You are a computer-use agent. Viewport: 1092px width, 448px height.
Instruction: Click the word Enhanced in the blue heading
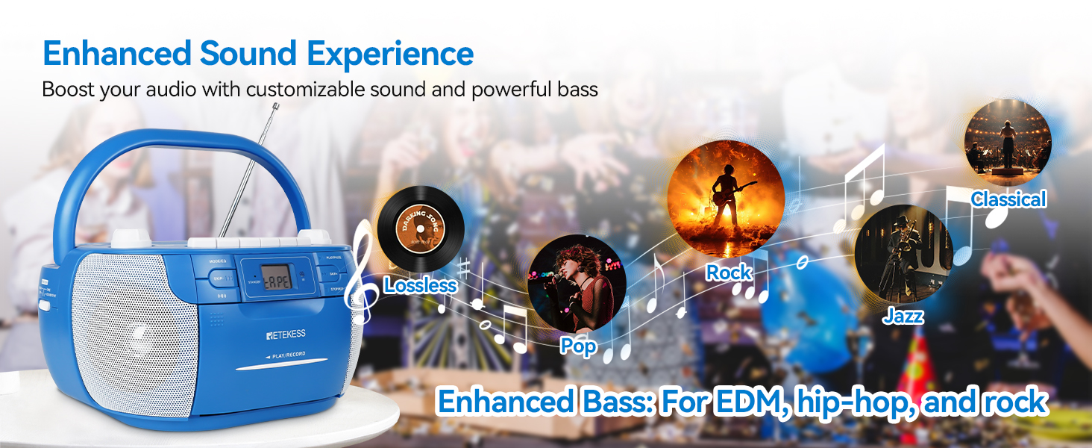pyautogui.click(x=116, y=54)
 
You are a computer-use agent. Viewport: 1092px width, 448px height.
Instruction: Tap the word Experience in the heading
pyautogui.click(x=390, y=54)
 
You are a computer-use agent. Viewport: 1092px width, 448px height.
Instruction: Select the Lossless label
pyautogui.click(x=420, y=285)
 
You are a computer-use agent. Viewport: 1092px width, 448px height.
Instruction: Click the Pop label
pyautogui.click(x=579, y=346)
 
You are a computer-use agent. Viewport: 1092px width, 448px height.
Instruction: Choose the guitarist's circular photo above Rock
pyautogui.click(x=725, y=192)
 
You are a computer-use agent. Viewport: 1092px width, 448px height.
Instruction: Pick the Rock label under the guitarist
pyautogui.click(x=729, y=273)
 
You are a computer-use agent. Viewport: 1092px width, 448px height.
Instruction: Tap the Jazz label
pyautogui.click(x=903, y=317)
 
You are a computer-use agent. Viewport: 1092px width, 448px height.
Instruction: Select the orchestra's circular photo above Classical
pyautogui.click(x=1007, y=143)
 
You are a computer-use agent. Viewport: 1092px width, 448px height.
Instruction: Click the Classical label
pyautogui.click(x=1008, y=199)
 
